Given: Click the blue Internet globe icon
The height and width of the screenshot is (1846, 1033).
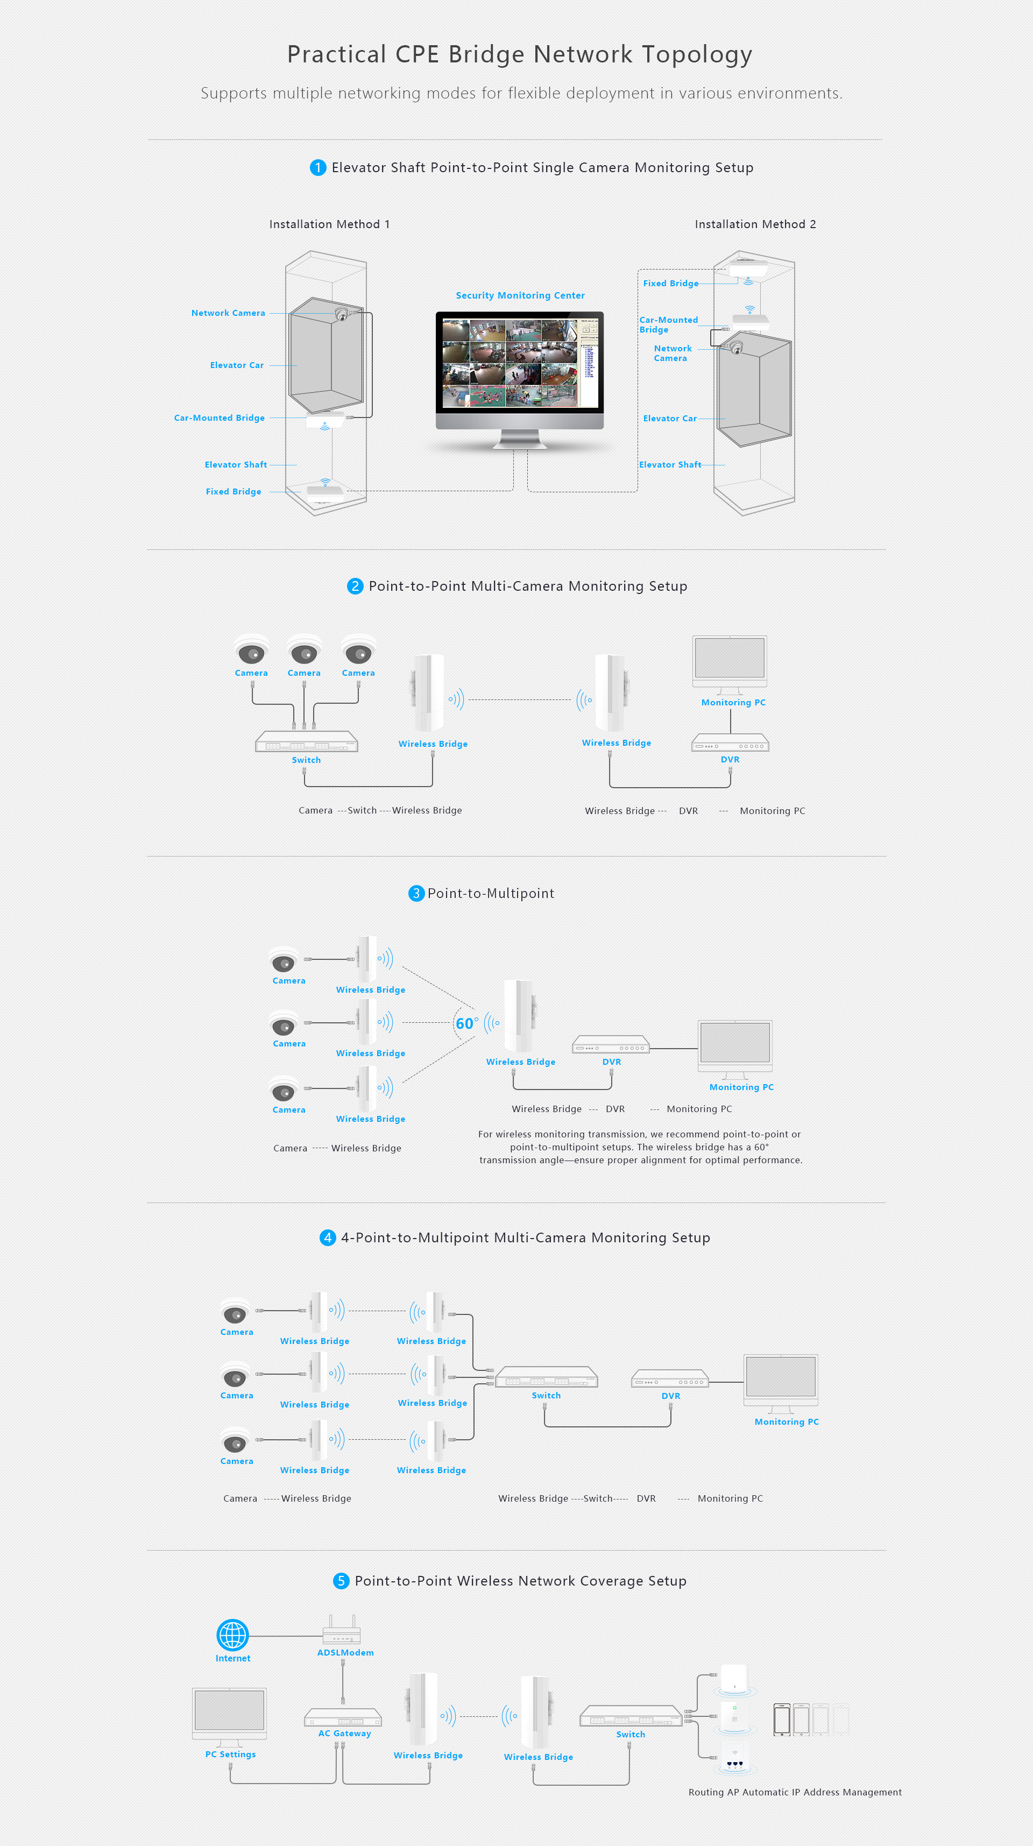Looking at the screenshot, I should pyautogui.click(x=233, y=1635).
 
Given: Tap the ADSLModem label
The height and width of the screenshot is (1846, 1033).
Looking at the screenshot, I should pyautogui.click(x=345, y=1652).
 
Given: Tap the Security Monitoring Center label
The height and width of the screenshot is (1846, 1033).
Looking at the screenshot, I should pyautogui.click(x=520, y=295).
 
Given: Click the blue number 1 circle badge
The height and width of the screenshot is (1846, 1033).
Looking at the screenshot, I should pyautogui.click(x=318, y=168).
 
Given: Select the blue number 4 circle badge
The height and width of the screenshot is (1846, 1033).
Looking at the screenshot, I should pyautogui.click(x=327, y=1237).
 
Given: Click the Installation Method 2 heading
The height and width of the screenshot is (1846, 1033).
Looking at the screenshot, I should pyautogui.click(x=755, y=224).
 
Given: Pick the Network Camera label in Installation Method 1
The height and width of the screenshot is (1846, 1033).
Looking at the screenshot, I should pyautogui.click(x=228, y=313).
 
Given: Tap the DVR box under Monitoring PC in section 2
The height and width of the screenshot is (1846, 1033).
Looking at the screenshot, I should pyautogui.click(x=730, y=743).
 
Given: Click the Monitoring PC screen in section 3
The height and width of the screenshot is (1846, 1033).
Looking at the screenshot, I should pyautogui.click(x=735, y=1043).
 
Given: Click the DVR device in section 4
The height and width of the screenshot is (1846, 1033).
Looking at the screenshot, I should pyautogui.click(x=670, y=1380).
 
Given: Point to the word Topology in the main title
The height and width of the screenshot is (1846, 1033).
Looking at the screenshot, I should pyautogui.click(x=696, y=54).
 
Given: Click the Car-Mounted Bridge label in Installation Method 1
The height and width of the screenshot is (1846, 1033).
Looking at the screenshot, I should pyautogui.click(x=219, y=418).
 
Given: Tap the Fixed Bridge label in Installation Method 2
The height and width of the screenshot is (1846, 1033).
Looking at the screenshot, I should pyautogui.click(x=670, y=284).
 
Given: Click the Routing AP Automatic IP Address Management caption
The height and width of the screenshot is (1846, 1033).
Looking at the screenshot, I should pyautogui.click(x=795, y=1792).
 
